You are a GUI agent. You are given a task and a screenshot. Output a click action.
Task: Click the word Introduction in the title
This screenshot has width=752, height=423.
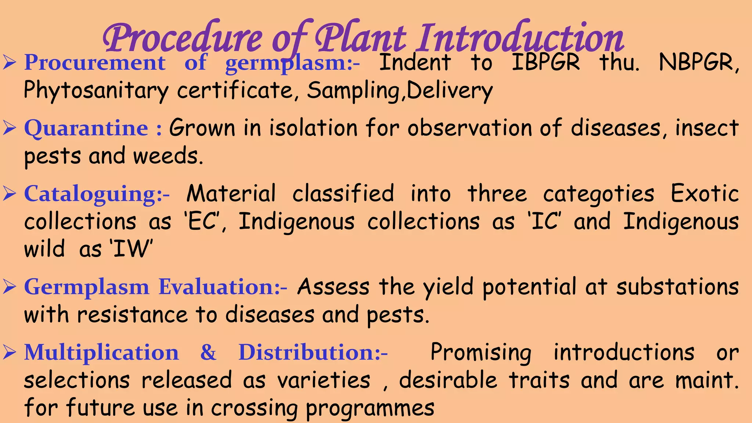coord(521,38)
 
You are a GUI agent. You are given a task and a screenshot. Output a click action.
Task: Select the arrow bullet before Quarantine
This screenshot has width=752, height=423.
coord(10,128)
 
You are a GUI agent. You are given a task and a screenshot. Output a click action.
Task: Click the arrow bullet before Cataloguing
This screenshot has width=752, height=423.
coord(10,194)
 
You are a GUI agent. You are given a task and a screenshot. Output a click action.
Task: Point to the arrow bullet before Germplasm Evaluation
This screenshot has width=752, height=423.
coord(10,287)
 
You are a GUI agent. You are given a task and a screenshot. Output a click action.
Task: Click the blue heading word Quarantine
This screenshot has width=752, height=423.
coord(86,129)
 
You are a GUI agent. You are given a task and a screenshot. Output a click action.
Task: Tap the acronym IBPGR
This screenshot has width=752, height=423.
coord(546,62)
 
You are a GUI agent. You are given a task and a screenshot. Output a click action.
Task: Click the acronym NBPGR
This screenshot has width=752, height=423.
coord(698,62)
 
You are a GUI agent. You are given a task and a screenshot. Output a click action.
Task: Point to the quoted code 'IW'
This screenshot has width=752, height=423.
coord(131,249)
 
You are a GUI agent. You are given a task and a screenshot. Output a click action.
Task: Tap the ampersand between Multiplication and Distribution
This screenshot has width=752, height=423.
coord(208,352)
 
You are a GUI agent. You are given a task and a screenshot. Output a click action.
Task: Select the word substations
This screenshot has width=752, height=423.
coord(677,287)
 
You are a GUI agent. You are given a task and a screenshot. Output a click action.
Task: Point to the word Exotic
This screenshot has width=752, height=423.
coord(705,194)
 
